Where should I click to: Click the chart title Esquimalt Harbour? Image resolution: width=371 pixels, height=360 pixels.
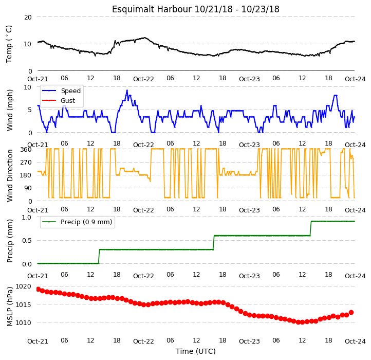[152, 9]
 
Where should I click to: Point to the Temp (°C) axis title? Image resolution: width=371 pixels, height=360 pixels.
[9, 44]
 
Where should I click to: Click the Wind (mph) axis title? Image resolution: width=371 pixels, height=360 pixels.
[9, 110]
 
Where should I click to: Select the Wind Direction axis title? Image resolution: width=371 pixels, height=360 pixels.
[9, 175]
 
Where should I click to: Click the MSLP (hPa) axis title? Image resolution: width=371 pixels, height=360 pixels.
[9, 307]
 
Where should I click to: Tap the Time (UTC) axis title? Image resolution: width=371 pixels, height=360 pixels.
[196, 351]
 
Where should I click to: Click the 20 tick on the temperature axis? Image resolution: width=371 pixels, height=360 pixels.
[28, 17]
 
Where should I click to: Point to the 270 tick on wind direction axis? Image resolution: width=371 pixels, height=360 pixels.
[26, 163]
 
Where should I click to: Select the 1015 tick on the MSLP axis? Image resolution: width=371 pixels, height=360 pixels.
[23, 304]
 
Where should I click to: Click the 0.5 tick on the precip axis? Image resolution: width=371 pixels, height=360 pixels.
[27, 241]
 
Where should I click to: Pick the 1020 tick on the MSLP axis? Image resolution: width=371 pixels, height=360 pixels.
[23, 286]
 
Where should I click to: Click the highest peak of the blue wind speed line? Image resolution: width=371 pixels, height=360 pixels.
[127, 90]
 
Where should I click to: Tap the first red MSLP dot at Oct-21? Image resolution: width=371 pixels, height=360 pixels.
[39, 289]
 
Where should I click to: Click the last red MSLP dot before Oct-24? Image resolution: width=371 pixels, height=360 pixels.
[351, 312]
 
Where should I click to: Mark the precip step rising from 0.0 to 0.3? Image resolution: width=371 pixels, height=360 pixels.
[99, 257]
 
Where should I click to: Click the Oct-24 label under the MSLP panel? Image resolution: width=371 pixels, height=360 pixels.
[355, 341]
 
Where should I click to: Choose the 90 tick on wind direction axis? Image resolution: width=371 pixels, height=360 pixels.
[28, 188]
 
